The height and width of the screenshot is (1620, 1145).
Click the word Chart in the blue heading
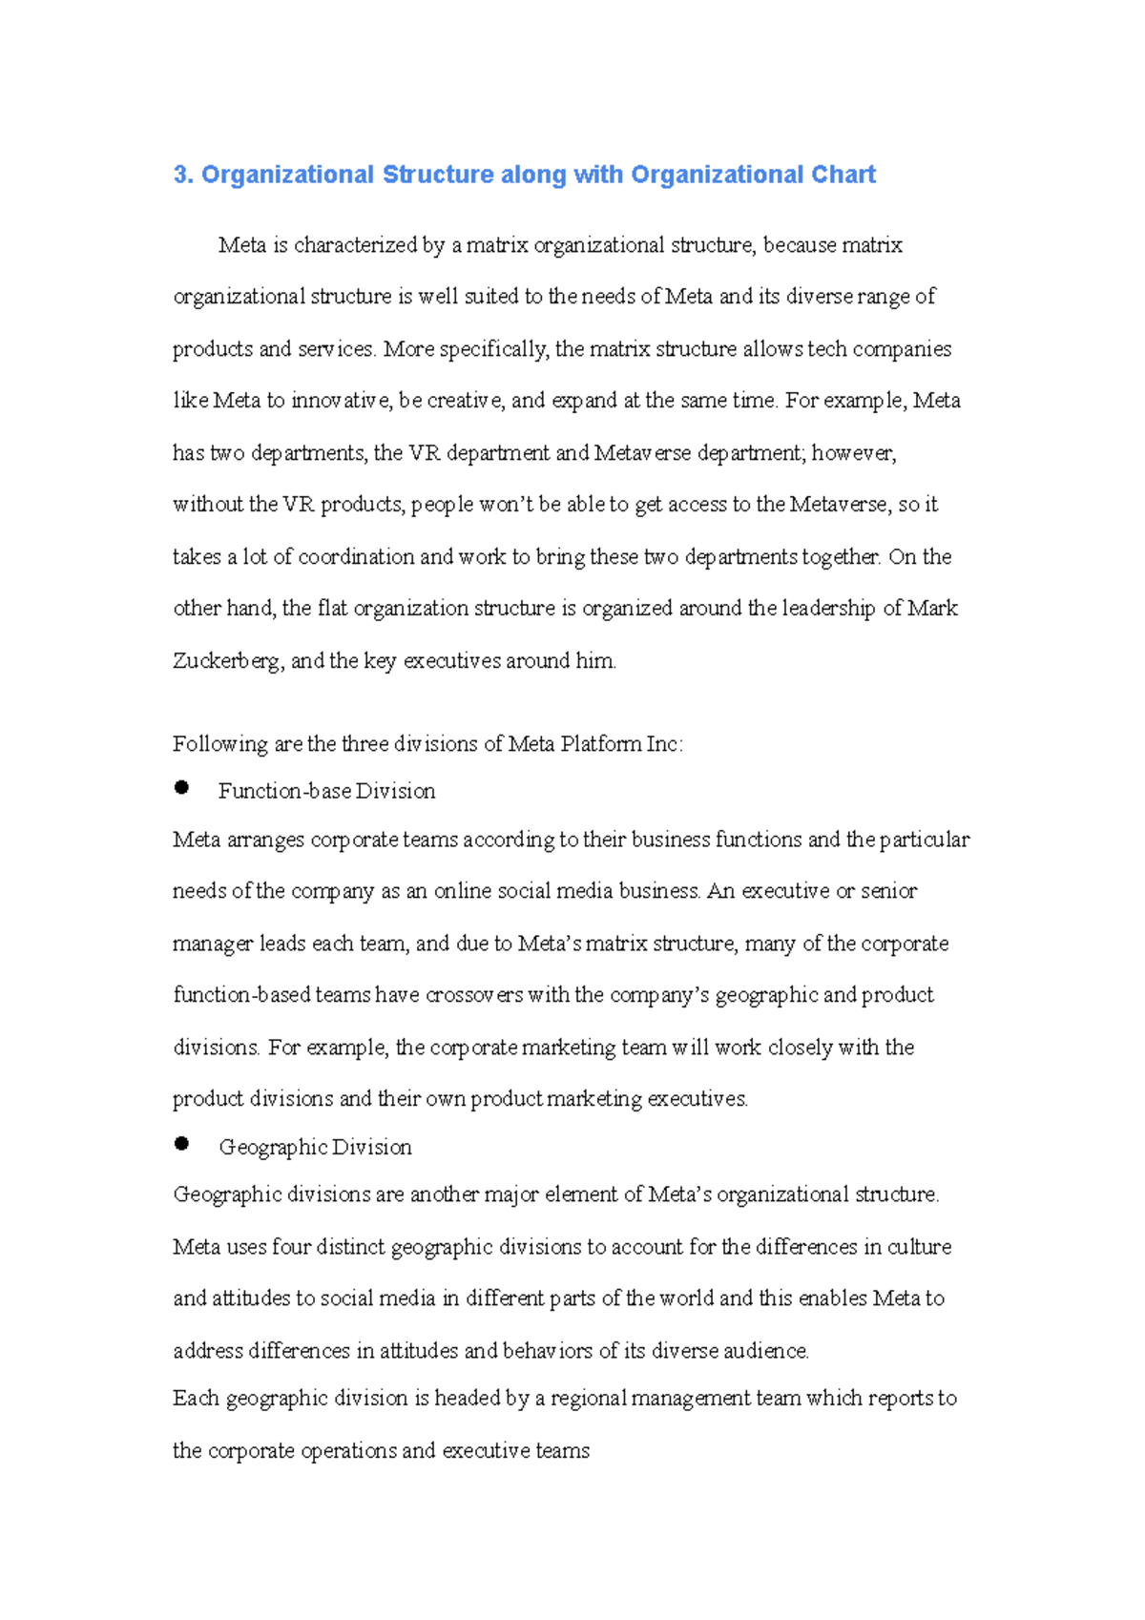click(x=843, y=175)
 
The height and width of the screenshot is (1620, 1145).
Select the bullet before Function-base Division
click(x=181, y=788)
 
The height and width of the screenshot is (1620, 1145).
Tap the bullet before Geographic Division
click(x=181, y=1144)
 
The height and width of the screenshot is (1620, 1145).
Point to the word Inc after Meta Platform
click(x=662, y=744)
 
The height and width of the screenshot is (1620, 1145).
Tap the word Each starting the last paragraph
click(x=196, y=1399)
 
